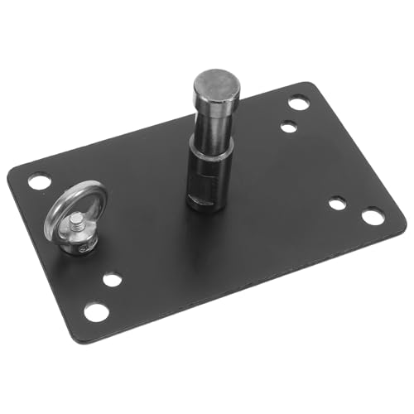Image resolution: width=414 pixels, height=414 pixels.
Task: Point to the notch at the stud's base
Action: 195,198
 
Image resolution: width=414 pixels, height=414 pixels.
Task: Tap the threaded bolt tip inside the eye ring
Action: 76,221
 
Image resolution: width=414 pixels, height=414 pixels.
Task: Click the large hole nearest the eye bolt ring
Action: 38,181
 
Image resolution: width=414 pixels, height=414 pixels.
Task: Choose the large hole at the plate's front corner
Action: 96,312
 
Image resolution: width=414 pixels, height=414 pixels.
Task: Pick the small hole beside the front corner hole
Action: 113,279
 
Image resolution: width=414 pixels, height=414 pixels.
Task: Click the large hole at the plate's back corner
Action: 299,103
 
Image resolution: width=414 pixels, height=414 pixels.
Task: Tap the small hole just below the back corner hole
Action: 288,127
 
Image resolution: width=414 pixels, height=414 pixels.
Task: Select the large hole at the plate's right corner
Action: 373,217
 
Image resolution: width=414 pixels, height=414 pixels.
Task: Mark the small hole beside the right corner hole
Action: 336,203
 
